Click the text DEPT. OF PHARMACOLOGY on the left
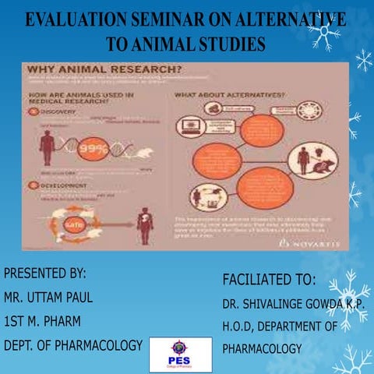coord(73,345)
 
